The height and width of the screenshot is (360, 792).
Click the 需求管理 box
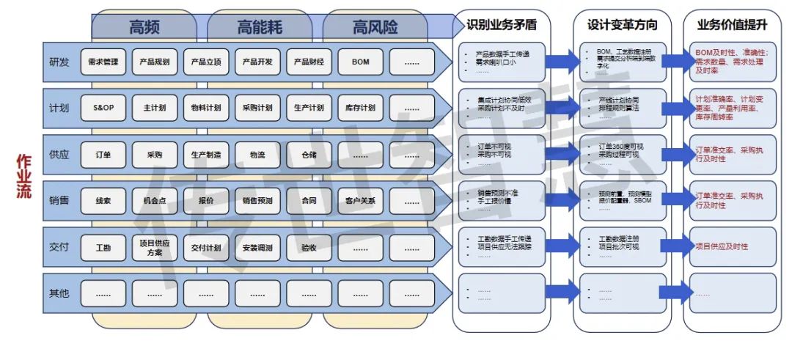pyautogui.click(x=103, y=62)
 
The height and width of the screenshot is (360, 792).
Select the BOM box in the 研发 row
pyautogui.click(x=360, y=62)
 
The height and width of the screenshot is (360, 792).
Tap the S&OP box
pyautogui.click(x=103, y=108)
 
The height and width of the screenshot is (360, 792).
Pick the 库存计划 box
pyautogui.click(x=360, y=108)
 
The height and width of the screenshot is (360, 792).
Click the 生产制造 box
pyautogui.click(x=206, y=155)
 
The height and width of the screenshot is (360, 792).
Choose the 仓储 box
pyautogui.click(x=309, y=155)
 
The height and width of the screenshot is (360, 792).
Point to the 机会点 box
pyautogui.click(x=155, y=200)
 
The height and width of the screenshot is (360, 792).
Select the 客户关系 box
pyautogui.click(x=360, y=200)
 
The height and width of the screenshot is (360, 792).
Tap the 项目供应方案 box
pyautogui.click(x=155, y=247)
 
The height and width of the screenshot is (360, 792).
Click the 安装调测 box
pyautogui.click(x=257, y=248)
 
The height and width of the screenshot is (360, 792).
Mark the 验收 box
pyautogui.click(x=309, y=248)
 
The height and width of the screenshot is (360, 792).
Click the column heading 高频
pyautogui.click(x=144, y=28)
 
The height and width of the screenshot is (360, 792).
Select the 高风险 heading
pyautogui.click(x=375, y=28)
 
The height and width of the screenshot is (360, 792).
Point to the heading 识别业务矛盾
pyautogui.click(x=502, y=25)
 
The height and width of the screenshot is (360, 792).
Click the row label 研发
pyautogui.click(x=59, y=62)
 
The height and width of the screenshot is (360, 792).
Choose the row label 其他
pyautogui.click(x=59, y=293)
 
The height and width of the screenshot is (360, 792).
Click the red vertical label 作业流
pyautogui.click(x=23, y=176)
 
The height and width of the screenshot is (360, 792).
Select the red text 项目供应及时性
pyautogui.click(x=722, y=247)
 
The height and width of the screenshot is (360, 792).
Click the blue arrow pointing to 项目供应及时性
pyautogui.click(x=673, y=247)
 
